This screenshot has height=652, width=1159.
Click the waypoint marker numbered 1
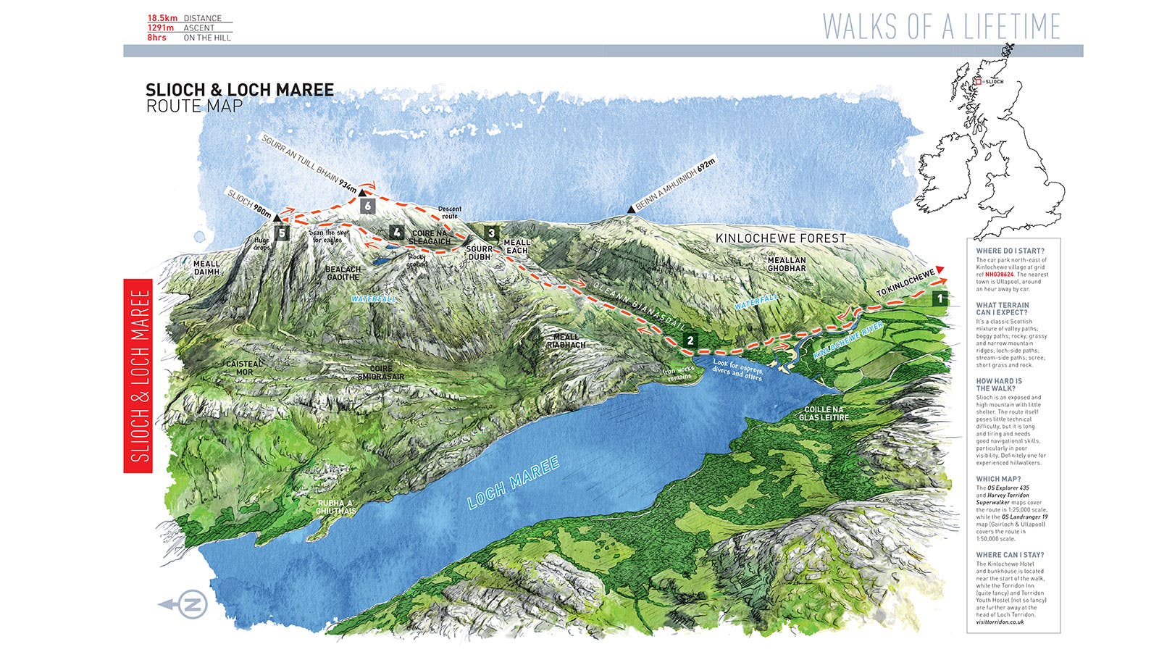[940, 298]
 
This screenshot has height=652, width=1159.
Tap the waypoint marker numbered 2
[690, 340]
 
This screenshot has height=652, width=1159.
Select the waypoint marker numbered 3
[492, 233]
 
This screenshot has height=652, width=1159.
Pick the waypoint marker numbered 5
[281, 233]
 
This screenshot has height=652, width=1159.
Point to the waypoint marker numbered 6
[368, 206]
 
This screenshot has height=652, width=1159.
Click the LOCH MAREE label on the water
[513, 482]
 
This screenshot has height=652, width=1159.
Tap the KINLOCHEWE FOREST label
[780, 238]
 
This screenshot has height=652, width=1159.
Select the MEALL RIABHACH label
[566, 340]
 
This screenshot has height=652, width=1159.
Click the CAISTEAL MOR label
[244, 368]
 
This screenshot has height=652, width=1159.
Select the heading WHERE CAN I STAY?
[1010, 555]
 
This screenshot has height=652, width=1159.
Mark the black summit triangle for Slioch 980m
[277, 217]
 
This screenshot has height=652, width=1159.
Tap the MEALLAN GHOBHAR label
[786, 264]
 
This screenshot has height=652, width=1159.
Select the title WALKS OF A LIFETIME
[941, 27]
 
